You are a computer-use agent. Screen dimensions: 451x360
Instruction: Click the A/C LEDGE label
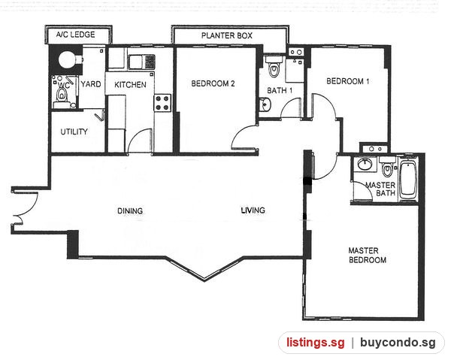tap(75, 35)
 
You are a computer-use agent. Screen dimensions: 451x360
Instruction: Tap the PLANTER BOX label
tap(227, 35)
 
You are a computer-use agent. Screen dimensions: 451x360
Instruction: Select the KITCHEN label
tap(130, 84)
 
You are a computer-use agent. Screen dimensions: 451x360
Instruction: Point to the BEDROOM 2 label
tap(213, 83)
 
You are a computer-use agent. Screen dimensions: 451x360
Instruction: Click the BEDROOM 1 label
tap(348, 81)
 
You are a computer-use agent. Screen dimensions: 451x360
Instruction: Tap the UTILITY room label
tap(74, 132)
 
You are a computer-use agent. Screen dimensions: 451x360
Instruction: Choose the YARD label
tap(91, 84)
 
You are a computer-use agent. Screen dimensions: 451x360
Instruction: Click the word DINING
tap(130, 210)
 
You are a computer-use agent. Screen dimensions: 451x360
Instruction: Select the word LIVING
tap(253, 210)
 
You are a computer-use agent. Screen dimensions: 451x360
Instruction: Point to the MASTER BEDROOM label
tap(368, 256)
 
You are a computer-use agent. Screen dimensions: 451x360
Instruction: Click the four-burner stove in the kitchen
tap(162, 103)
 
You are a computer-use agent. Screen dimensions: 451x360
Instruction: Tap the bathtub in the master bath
tap(408, 180)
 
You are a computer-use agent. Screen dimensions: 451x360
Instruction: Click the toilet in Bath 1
tap(274, 67)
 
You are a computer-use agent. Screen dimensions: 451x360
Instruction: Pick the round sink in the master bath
tap(365, 164)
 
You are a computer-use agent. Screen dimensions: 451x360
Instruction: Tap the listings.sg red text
tap(315, 343)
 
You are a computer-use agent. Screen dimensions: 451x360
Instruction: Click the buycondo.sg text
tap(398, 343)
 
